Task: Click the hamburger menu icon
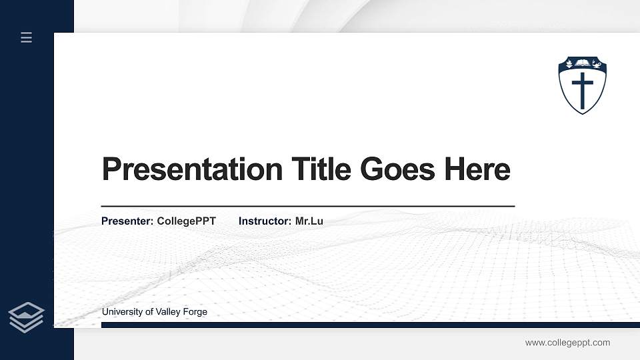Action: point(26,37)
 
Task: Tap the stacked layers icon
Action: point(26,317)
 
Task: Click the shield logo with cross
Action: point(583,85)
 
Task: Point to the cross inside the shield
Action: point(583,91)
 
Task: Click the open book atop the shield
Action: point(583,64)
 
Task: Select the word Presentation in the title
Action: point(192,169)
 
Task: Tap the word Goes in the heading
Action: point(398,169)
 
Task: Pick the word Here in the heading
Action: point(477,169)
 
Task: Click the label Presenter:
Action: point(127,221)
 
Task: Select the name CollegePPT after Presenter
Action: point(187,221)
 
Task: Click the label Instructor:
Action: point(265,221)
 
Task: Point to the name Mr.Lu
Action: point(309,221)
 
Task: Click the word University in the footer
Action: point(122,312)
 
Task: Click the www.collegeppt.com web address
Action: point(567,343)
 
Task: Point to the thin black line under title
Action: point(307,206)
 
